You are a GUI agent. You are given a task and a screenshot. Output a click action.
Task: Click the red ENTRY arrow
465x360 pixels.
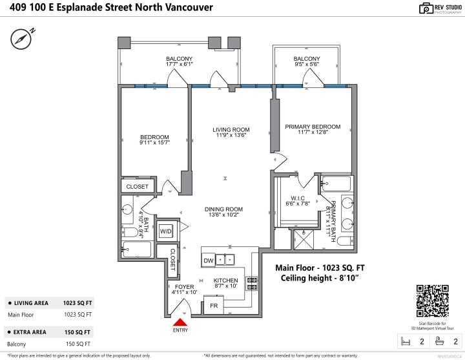tap(181, 321)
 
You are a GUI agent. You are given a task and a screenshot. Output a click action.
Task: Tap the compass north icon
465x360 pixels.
tap(21, 39)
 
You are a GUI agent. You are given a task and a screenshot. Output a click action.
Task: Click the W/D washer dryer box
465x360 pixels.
tap(166, 231)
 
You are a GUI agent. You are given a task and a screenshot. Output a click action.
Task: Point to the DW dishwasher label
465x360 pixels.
tap(208, 260)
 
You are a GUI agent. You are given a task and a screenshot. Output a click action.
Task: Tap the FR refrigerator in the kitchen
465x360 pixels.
tap(213, 305)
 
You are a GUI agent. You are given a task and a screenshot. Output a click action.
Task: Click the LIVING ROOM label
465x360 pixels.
tap(231, 130)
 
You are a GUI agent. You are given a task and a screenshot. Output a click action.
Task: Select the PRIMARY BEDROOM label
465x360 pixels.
tap(313, 127)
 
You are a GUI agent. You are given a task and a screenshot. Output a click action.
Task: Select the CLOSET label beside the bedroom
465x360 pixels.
tap(137, 187)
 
